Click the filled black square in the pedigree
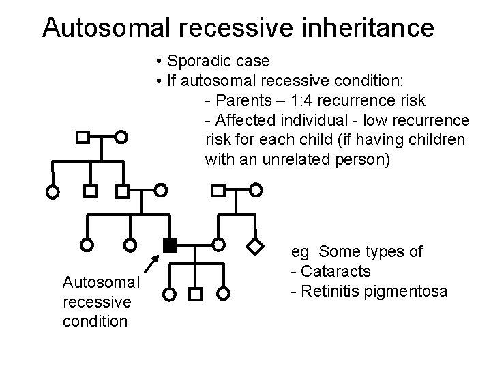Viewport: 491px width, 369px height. pyautogui.click(x=170, y=244)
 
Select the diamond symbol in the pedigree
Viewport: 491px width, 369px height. pyautogui.click(x=254, y=244)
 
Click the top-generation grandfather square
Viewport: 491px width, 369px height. pyautogui.click(x=82, y=137)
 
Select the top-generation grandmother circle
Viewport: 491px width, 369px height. pyautogui.click(x=121, y=137)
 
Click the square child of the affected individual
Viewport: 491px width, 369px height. pyautogui.click(x=194, y=295)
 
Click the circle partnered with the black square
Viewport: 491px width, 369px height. pyautogui.click(x=218, y=244)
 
